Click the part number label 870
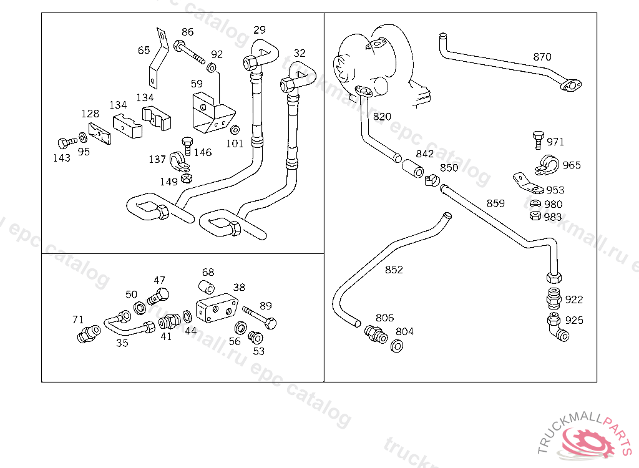[x=542, y=57]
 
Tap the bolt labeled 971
[x=538, y=140]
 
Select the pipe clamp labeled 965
[x=547, y=165]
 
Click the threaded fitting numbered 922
[x=554, y=298]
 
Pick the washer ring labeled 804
[x=396, y=346]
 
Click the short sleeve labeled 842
[x=413, y=168]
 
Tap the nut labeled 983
[x=535, y=216]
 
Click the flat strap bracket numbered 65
[x=158, y=58]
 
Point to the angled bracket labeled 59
[x=213, y=113]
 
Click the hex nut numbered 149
[x=186, y=178]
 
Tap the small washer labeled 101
[x=235, y=130]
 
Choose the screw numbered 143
[x=67, y=142]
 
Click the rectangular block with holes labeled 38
[x=217, y=308]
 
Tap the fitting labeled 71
[x=89, y=334]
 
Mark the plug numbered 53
[x=255, y=337]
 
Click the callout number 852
[x=394, y=270]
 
